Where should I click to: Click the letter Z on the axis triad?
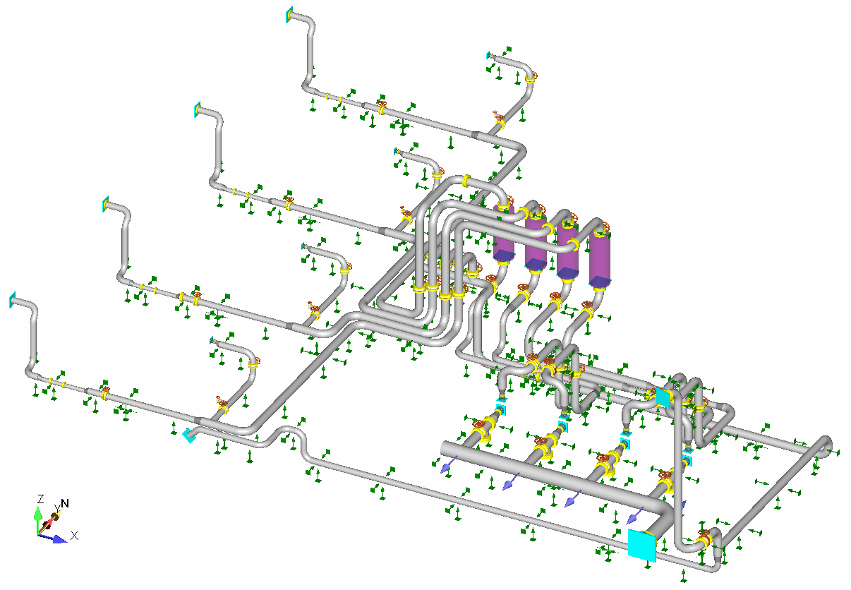tap(41, 499)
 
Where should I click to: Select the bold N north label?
tap(65, 503)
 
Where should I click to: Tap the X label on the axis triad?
tap(74, 536)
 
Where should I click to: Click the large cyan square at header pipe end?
tap(641, 545)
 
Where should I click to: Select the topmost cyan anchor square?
tap(289, 15)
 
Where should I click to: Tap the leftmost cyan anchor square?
tap(12, 301)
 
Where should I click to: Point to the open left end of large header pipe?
tap(445, 449)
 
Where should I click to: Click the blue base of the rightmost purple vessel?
tap(600, 282)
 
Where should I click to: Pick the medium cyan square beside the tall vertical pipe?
tap(663, 397)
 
